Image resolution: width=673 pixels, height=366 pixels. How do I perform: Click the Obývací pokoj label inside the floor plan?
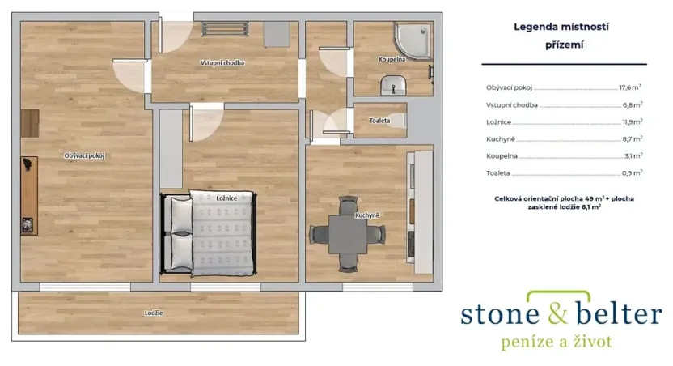coord(85,156)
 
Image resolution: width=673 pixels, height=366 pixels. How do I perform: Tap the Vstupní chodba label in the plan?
coord(222,62)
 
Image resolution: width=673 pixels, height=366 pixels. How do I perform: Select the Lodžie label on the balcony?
coord(154,313)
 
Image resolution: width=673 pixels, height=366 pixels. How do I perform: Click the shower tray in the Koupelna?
coord(413,40)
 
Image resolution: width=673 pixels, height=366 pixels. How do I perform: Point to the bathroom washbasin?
coord(393,85)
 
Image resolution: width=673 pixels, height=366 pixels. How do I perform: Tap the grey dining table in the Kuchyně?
coord(348,235)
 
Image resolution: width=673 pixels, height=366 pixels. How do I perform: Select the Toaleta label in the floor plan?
coord(379,121)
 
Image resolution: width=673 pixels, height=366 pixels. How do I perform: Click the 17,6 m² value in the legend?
coord(630,87)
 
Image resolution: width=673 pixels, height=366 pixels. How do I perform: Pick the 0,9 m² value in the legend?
coord(633,173)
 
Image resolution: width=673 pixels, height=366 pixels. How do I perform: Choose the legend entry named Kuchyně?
coord(501,139)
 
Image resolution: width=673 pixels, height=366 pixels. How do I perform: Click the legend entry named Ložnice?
coord(499,122)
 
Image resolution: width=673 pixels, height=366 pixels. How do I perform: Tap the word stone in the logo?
coord(500,314)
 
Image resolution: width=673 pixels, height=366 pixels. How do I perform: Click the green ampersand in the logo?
coord(558,313)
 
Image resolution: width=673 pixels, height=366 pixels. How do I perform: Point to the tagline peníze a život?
coord(557,342)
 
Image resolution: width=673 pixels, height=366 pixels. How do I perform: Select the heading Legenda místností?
coord(561,27)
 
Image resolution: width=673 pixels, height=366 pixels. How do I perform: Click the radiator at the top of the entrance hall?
coord(225,28)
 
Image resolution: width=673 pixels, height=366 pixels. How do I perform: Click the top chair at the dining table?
coord(348,205)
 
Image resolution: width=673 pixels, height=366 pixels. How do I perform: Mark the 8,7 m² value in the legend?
coord(633,138)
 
